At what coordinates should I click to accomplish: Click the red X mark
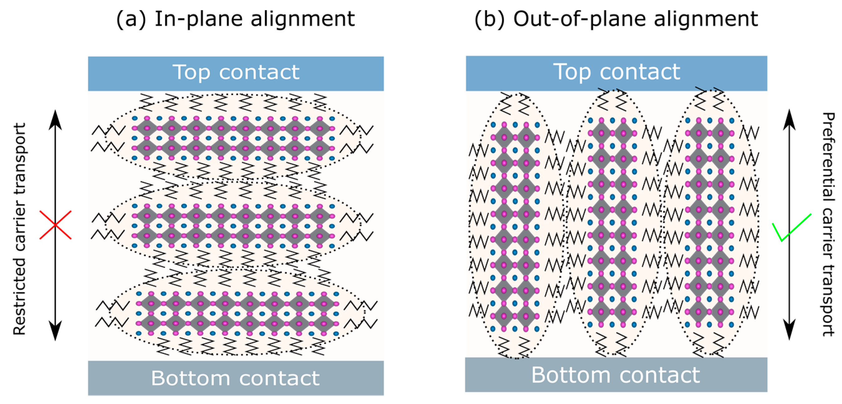pos(55,225)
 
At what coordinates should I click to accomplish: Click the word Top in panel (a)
pos(191,72)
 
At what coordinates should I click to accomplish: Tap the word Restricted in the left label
pos(20,296)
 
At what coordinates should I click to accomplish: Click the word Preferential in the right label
pos(828,157)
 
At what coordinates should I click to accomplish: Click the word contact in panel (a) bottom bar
pos(280,378)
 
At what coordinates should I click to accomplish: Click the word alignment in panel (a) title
pos(303,19)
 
